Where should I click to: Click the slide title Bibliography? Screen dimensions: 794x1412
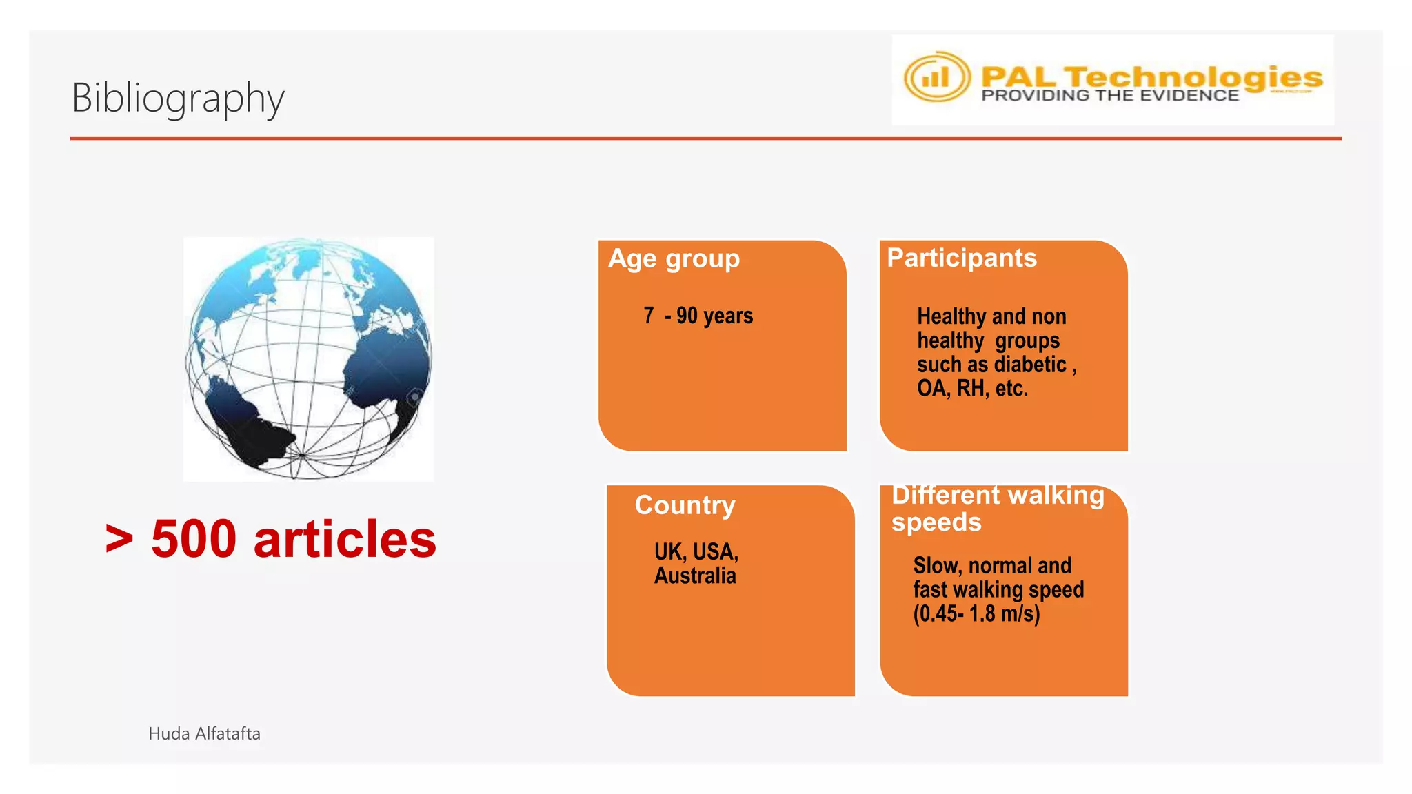(x=178, y=98)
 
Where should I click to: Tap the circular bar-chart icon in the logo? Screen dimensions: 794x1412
(x=936, y=77)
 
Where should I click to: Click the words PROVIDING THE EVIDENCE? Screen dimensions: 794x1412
(x=1110, y=96)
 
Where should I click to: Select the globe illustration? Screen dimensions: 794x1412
(x=308, y=358)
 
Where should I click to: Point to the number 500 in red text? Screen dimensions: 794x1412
(x=194, y=539)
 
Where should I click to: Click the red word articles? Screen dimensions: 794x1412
(x=345, y=539)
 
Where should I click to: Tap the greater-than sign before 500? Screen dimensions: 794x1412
(x=119, y=539)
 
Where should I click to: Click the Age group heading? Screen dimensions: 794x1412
(x=674, y=258)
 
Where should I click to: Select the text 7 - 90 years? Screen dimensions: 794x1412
(x=698, y=316)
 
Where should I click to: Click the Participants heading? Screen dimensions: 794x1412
(x=961, y=258)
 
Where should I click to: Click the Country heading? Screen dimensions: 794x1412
(x=685, y=505)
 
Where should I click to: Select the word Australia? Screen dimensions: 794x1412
(x=695, y=576)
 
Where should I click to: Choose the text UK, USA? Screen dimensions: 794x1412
(x=696, y=551)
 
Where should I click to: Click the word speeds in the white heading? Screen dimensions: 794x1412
(x=936, y=522)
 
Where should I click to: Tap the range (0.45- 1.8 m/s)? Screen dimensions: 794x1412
(x=976, y=613)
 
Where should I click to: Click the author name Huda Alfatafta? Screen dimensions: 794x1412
(x=204, y=733)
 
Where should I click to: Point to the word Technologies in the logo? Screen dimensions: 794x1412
(x=1193, y=77)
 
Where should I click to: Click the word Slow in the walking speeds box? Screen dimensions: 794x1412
(x=936, y=566)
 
